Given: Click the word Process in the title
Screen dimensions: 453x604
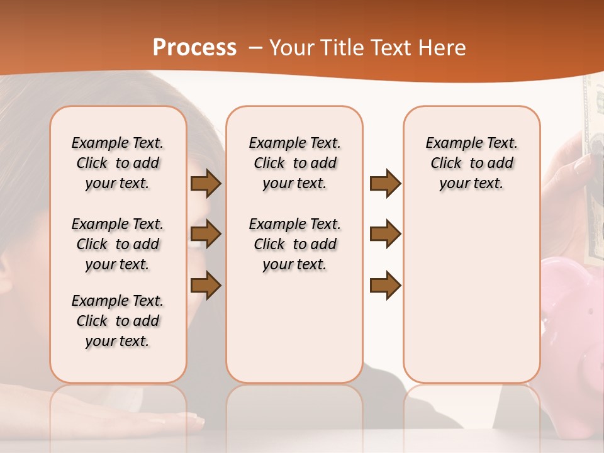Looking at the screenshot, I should tap(194, 48).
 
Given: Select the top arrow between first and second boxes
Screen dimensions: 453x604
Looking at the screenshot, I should tap(206, 183).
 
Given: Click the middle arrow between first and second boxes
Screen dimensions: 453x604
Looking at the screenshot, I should tap(206, 234).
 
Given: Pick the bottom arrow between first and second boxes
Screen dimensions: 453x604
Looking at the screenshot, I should tap(206, 285).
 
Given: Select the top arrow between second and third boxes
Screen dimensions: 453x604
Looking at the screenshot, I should tap(385, 183).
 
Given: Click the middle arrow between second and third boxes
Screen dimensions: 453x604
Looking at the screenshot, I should tap(385, 234).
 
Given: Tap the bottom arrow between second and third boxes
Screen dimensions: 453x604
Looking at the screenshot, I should tap(385, 285).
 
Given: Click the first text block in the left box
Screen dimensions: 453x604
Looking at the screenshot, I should tap(118, 163).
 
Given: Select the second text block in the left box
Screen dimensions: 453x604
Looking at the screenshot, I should tap(118, 244).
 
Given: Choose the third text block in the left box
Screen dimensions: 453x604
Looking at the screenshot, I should tap(118, 321).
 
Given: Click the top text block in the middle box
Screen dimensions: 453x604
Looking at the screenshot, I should tap(294, 163).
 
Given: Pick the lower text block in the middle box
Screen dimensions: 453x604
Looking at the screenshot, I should tap(294, 244).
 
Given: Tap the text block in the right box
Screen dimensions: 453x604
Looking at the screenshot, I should tap(471, 163).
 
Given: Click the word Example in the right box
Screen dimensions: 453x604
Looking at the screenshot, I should tap(449, 143).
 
